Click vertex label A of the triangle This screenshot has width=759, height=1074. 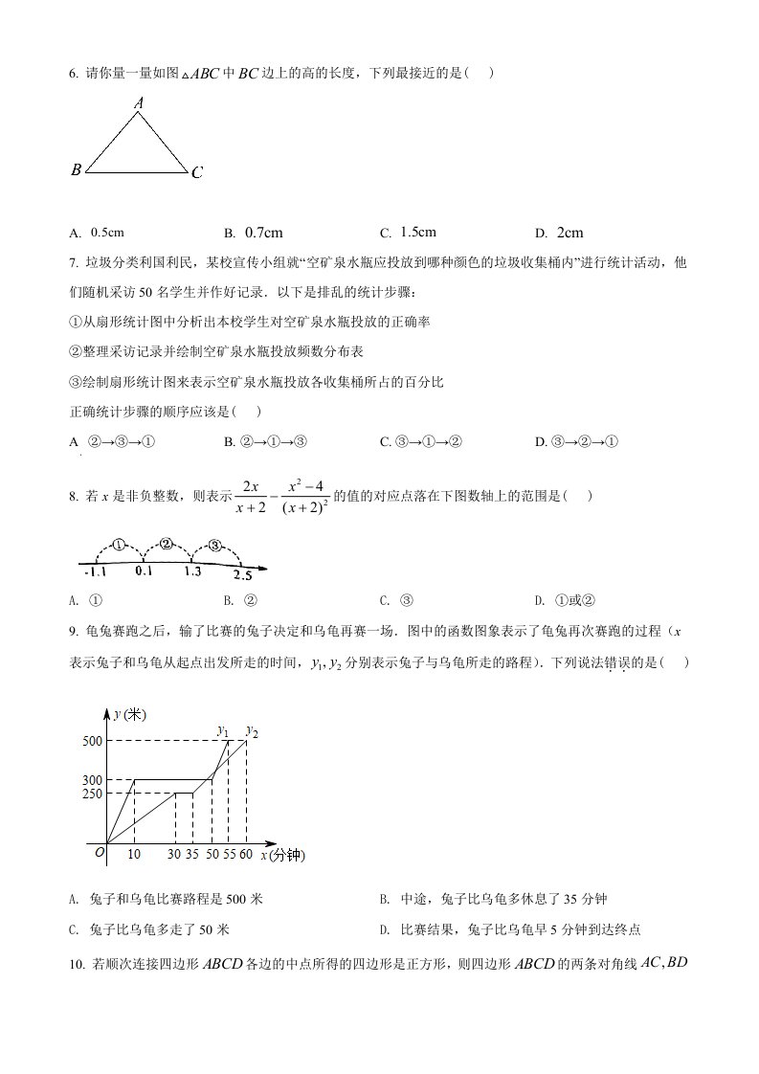pos(139,102)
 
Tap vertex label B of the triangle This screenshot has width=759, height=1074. pos(76,170)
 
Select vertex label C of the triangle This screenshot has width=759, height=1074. pos(196,173)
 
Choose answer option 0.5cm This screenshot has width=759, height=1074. pos(107,232)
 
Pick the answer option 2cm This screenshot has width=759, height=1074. pos(569,233)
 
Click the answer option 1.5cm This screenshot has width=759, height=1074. pos(418,232)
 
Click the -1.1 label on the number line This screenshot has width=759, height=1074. pos(95,571)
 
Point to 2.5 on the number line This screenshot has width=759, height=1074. pos(242,574)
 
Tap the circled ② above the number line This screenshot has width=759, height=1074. pos(166,544)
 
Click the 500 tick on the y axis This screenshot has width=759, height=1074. pos(93,741)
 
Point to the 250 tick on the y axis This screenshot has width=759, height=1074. pos(93,794)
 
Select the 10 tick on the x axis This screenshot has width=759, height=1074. pos(134,854)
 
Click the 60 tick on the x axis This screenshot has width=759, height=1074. pos(247,854)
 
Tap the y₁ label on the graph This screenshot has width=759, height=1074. pos(224,731)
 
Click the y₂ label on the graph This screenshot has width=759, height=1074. pos(253,731)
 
